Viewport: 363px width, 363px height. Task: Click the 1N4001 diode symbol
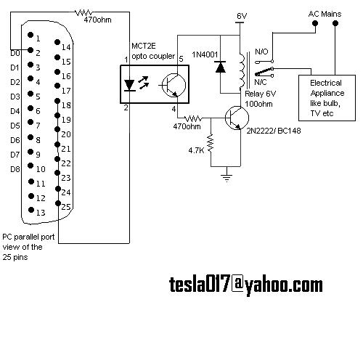coord(220,67)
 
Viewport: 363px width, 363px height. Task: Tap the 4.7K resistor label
coord(196,150)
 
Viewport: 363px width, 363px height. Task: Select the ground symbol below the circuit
coord(227,178)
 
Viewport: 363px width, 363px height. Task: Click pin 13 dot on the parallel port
coord(31,210)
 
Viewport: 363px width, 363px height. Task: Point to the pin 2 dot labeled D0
coord(30,50)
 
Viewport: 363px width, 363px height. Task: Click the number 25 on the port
coord(66,207)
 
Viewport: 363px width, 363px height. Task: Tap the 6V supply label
coord(242,16)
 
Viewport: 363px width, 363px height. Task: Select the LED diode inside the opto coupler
coord(130,85)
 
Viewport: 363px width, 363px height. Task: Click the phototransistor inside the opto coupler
coord(174,85)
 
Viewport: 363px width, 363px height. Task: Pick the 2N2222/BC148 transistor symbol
coord(237,118)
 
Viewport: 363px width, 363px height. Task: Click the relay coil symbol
coord(242,70)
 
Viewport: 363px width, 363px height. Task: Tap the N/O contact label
coord(261,52)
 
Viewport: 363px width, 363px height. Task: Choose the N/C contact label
coord(261,82)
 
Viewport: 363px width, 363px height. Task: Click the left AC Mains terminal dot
coord(315,23)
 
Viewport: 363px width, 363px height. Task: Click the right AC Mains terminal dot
coord(335,23)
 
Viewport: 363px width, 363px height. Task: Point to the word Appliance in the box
coord(327,94)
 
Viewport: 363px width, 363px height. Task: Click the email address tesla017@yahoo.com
coord(246,285)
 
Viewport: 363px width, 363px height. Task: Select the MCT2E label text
coord(144,46)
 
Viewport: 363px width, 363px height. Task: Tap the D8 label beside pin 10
coord(15,169)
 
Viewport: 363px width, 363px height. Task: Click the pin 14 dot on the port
coord(57,42)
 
